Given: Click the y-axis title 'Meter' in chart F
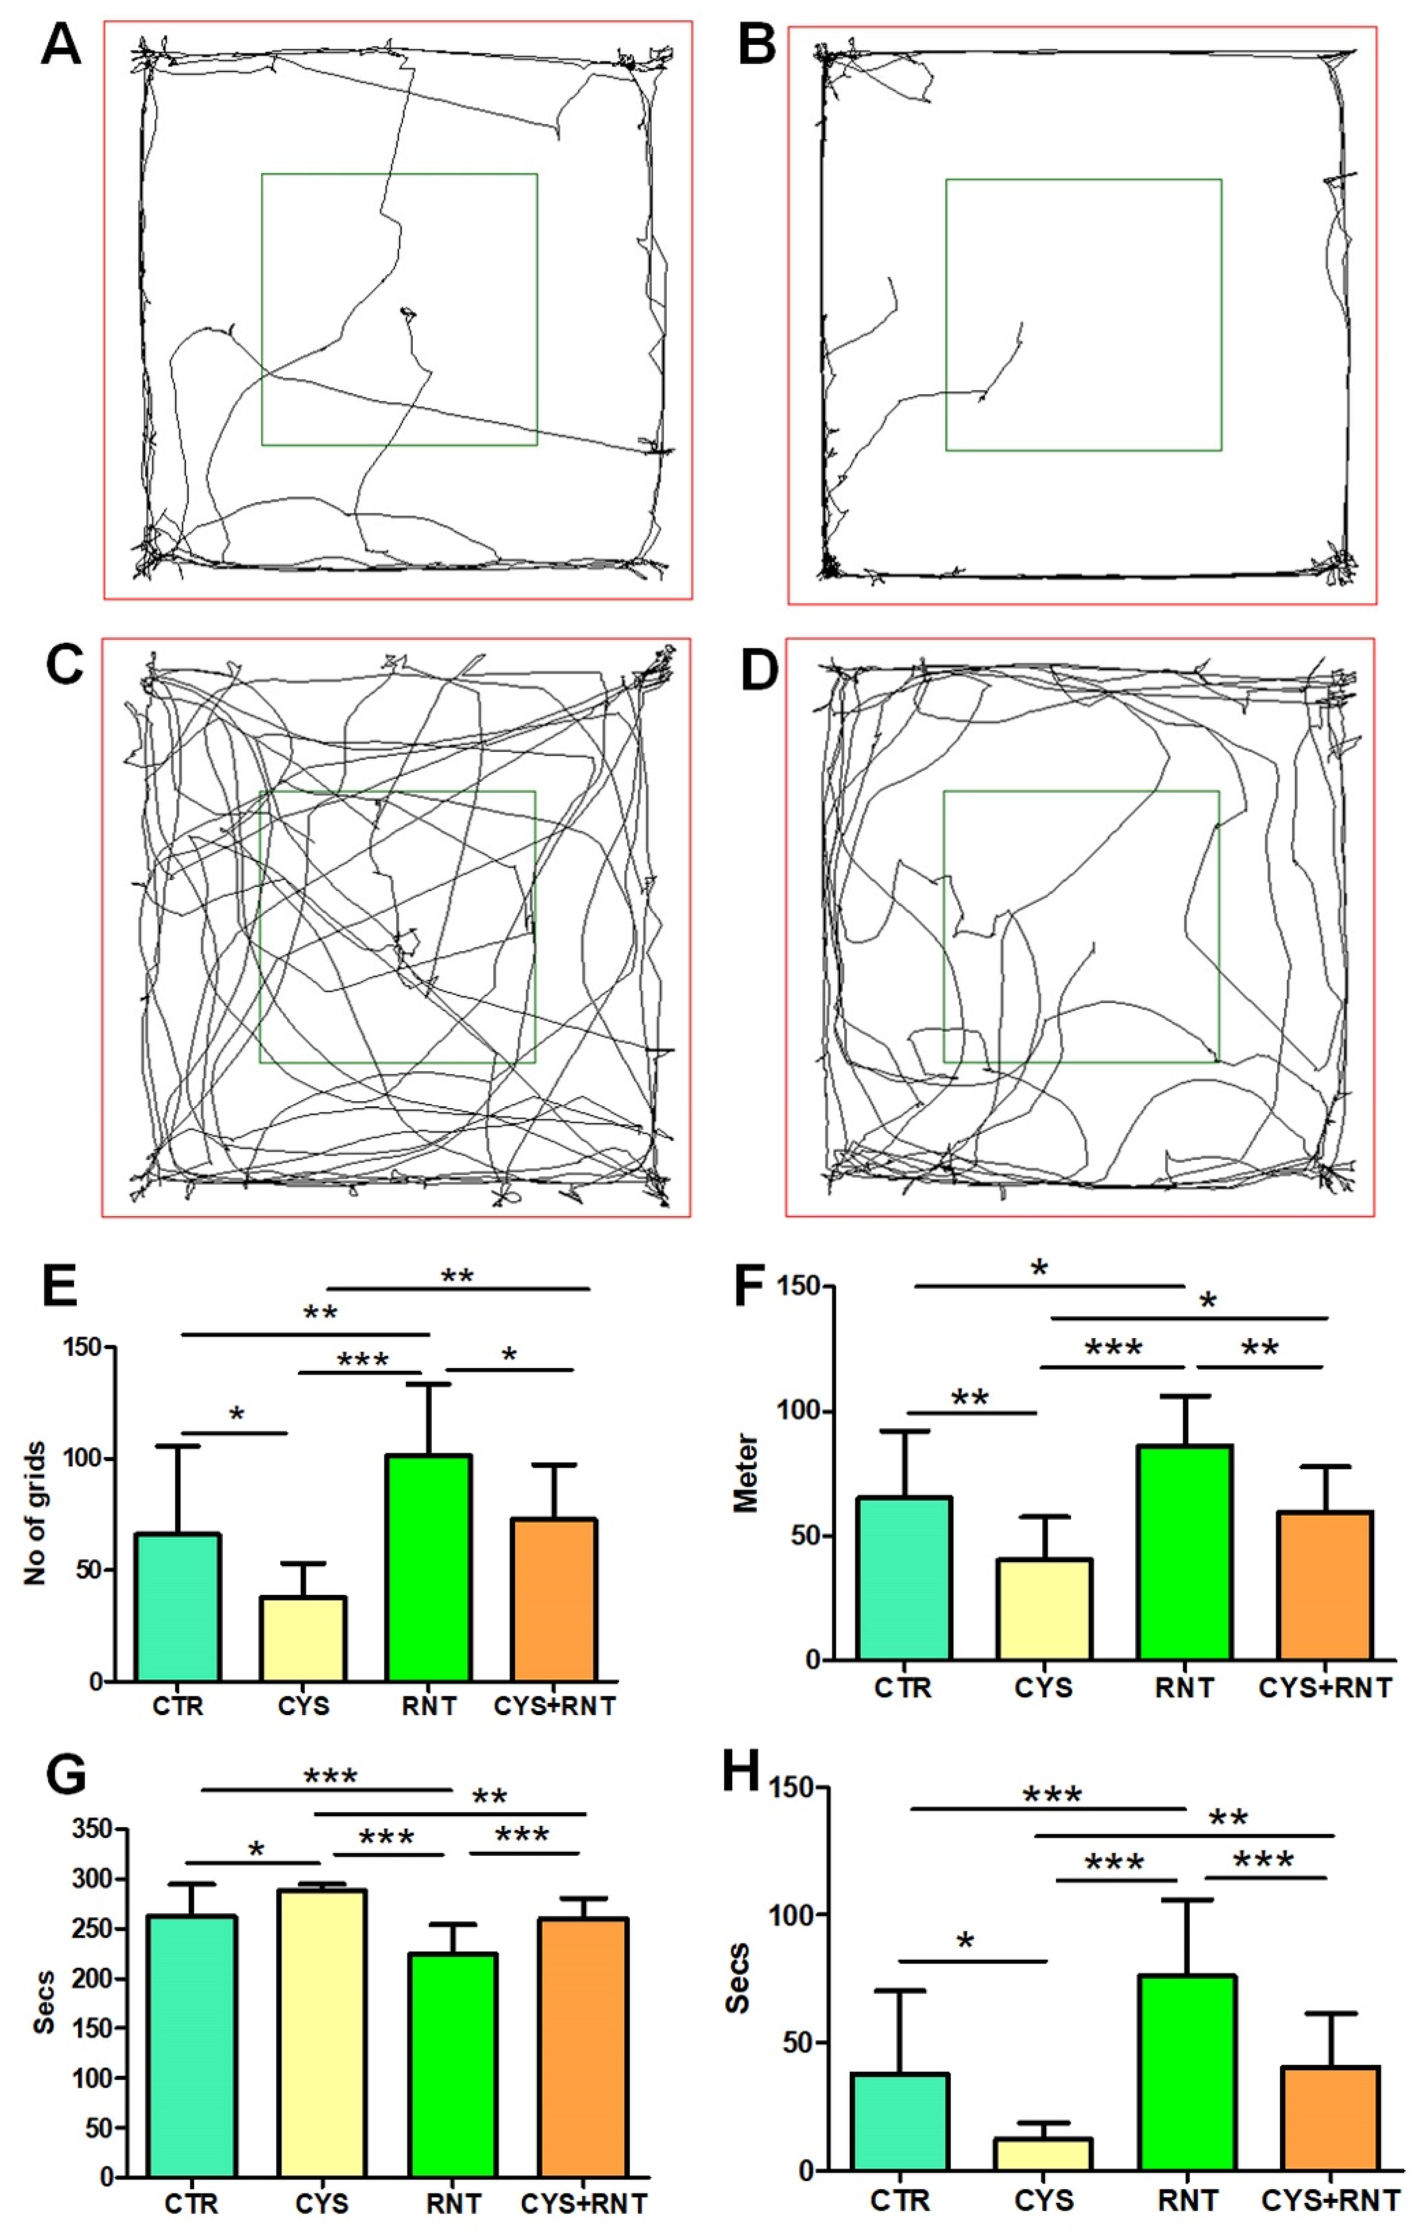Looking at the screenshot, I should tap(746, 1474).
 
